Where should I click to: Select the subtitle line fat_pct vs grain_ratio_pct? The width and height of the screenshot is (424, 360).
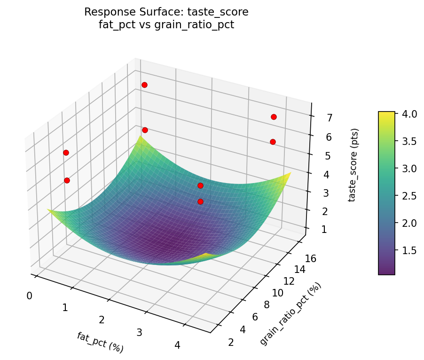click(x=166, y=25)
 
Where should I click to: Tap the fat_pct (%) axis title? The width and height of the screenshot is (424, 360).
click(x=100, y=342)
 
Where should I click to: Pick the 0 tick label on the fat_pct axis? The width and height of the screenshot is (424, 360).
click(x=30, y=296)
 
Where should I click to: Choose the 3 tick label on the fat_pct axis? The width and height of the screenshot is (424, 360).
click(x=139, y=333)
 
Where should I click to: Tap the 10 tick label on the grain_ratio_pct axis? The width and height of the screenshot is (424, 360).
click(x=278, y=293)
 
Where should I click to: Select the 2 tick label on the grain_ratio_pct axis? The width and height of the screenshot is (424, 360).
click(x=231, y=342)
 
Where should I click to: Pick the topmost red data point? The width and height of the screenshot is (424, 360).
click(x=144, y=85)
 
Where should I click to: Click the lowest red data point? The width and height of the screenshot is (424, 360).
click(x=200, y=201)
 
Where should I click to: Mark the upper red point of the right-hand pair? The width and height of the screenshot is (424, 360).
click(x=274, y=117)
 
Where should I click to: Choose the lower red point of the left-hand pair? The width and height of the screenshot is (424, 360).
click(x=67, y=180)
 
